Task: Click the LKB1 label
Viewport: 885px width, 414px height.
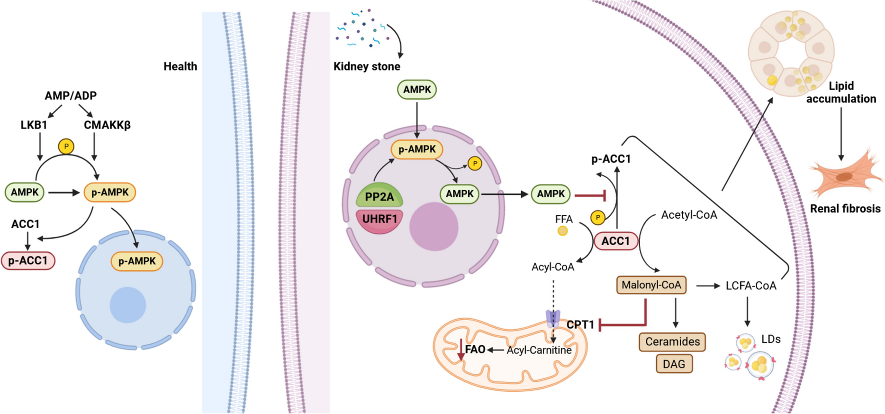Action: point(34,125)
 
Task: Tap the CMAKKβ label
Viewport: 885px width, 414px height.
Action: point(107,125)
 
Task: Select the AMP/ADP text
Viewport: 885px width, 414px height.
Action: point(71,96)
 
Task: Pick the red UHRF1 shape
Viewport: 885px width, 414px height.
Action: point(379,220)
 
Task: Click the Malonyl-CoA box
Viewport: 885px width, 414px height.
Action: point(651,285)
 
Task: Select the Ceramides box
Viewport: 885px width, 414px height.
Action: point(672,341)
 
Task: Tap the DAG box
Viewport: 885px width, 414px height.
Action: point(674,364)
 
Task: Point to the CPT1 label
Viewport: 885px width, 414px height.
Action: point(580,325)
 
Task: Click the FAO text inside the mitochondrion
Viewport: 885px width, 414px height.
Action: point(475,350)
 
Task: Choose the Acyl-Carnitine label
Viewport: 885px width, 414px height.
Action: point(539,350)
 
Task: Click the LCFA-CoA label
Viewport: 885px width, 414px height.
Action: point(751,286)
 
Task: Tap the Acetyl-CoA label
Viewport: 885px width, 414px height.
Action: point(689,215)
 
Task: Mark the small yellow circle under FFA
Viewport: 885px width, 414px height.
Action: point(562,231)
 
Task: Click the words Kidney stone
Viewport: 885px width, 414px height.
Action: point(367,66)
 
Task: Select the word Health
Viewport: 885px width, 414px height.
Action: point(180,66)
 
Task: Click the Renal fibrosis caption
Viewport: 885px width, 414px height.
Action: point(845,209)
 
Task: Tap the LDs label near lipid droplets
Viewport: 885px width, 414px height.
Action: point(771,340)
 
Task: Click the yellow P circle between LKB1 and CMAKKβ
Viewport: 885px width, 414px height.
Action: point(66,146)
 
